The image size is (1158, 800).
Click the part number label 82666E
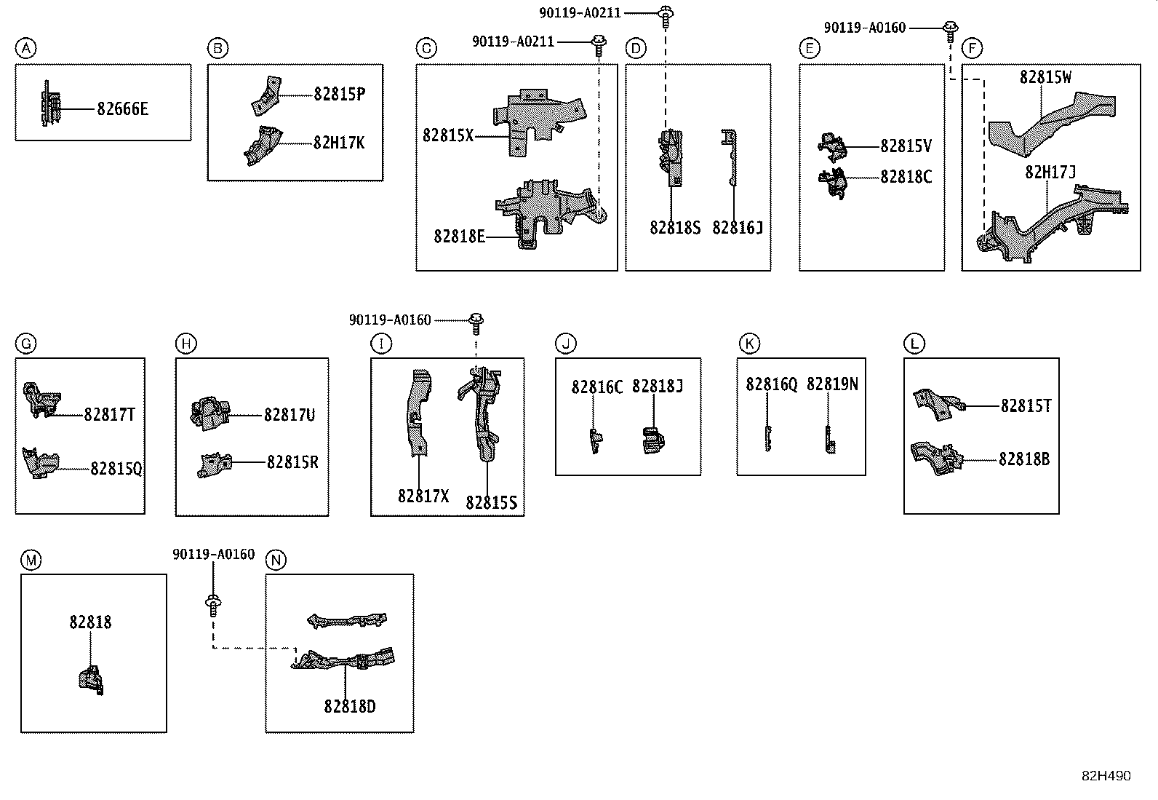(122, 108)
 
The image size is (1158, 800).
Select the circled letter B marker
(217, 48)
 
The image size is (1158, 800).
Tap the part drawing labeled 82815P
(267, 96)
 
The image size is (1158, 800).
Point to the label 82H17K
(339, 143)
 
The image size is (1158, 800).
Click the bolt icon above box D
(666, 17)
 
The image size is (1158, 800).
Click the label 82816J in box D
(737, 227)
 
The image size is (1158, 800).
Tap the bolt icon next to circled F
(950, 31)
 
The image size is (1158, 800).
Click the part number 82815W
(1045, 77)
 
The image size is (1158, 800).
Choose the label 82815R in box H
(292, 462)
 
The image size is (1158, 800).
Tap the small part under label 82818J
(653, 440)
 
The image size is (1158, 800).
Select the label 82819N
(832, 384)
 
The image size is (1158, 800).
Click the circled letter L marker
(914, 344)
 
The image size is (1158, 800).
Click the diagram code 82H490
(1106, 776)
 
